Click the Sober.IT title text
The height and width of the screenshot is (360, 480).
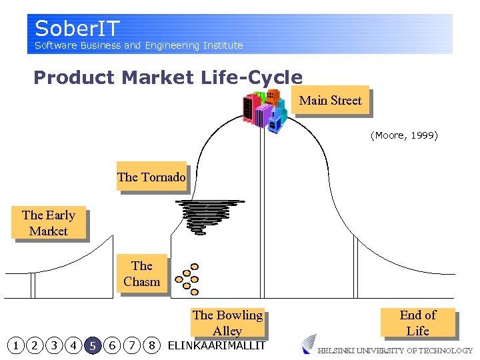(x=77, y=29)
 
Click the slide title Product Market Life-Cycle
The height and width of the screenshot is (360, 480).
(x=167, y=77)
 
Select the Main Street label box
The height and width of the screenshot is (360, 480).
(x=330, y=101)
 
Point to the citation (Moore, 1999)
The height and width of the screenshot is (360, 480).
(x=404, y=135)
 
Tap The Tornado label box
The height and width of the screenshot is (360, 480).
(x=151, y=177)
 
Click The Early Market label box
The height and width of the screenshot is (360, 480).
(x=49, y=223)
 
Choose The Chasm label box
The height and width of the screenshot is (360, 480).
(x=141, y=274)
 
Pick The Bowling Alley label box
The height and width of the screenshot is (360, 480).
(x=227, y=323)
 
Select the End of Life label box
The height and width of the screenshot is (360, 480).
(x=417, y=323)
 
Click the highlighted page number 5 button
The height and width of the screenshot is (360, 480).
(x=93, y=345)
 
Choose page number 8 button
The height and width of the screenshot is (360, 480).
(x=152, y=345)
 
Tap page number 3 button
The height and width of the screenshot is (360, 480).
(x=54, y=345)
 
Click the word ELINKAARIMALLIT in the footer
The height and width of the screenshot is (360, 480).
(x=216, y=345)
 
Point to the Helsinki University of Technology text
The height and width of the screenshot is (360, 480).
(x=395, y=351)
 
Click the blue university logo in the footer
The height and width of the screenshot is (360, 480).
(x=308, y=344)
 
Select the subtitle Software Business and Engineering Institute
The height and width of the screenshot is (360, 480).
(x=139, y=45)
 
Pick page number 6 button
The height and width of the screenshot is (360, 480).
(x=113, y=345)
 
